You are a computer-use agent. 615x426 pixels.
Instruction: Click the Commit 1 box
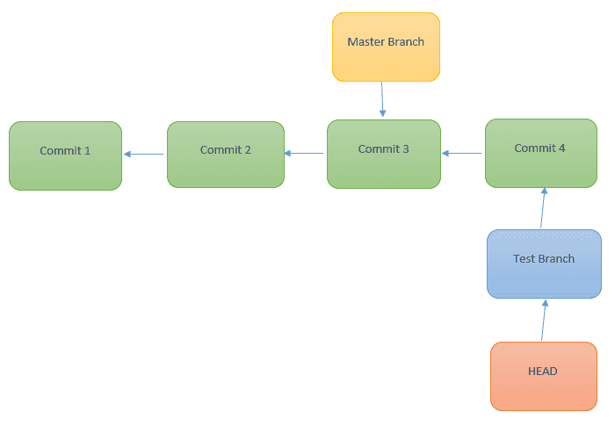tap(65, 155)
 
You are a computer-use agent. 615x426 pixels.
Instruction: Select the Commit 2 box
tap(225, 155)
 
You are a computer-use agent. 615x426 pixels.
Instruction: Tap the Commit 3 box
tap(383, 154)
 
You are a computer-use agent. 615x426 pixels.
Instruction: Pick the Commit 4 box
tap(540, 153)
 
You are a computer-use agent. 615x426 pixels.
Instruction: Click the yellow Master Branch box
tap(385, 47)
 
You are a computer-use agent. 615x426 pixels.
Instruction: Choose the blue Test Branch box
tap(544, 264)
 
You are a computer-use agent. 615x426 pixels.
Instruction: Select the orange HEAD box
tap(542, 376)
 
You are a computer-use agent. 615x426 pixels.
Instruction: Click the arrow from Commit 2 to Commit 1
tap(144, 155)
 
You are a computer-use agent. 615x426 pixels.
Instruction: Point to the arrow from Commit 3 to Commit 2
tap(304, 154)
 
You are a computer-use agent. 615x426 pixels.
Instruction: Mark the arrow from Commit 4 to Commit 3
tap(462, 154)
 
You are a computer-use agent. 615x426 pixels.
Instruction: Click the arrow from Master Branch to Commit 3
tap(382, 99)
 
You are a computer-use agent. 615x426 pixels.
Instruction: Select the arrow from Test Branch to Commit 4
tap(543, 208)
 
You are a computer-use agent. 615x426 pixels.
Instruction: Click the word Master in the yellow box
tap(365, 42)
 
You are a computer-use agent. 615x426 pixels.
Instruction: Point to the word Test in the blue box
tap(525, 259)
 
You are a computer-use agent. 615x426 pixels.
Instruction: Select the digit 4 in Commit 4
tap(562, 148)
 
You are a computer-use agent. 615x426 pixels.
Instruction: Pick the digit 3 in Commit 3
tap(405, 149)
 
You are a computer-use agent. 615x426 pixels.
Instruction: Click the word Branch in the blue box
tap(556, 259)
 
